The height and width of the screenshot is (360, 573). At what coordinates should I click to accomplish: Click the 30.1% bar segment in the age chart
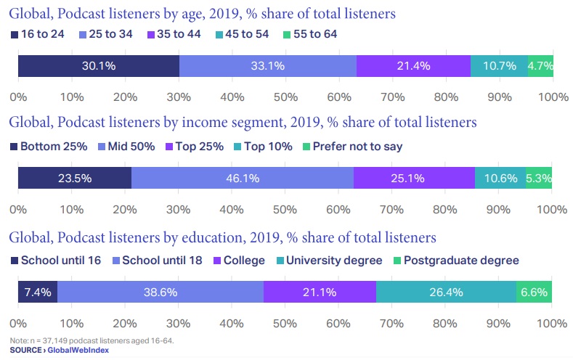pos(98,65)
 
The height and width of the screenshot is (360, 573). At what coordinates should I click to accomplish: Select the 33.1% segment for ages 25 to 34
pos(267,65)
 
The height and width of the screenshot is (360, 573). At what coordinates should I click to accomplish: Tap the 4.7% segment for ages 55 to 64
pos(540,65)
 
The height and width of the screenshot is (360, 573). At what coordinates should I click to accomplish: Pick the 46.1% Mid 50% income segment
pos(243,178)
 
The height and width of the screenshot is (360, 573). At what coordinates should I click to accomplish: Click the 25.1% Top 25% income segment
pos(414,178)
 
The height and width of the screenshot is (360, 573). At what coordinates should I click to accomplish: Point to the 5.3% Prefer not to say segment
pos(539,178)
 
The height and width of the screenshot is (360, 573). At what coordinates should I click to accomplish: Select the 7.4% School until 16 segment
pos(37,292)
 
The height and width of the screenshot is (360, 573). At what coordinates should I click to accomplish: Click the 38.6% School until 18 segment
pos(160,292)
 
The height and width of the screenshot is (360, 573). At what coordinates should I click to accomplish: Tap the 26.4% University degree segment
pos(446,292)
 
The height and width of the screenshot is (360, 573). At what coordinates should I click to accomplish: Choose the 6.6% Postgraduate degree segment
pos(534,292)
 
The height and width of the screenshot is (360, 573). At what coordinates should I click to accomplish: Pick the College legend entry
pos(239,261)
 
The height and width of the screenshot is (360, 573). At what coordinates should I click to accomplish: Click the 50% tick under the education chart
pos(285,323)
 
